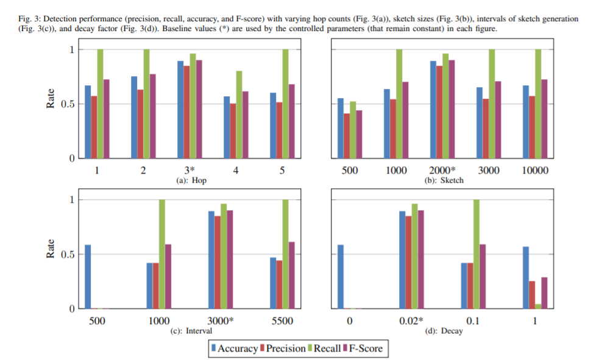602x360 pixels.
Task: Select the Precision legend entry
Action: coord(283,348)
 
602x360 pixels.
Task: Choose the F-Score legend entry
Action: coord(364,348)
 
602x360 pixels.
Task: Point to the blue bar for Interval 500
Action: coord(88,277)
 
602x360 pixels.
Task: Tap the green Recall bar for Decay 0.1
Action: coord(476,254)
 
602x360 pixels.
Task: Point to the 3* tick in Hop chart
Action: coord(189,171)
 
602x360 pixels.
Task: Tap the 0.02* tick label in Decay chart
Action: coord(412,321)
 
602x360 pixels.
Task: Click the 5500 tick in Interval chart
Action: coord(282,321)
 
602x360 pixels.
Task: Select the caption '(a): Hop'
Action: coord(189,180)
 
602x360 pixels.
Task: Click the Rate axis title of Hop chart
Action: coord(51,99)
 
